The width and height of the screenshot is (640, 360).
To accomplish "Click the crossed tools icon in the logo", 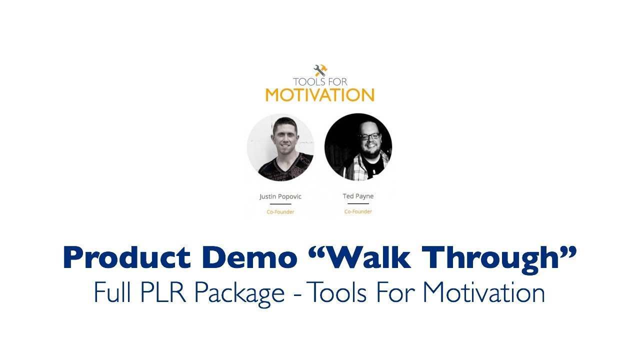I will point(320,70).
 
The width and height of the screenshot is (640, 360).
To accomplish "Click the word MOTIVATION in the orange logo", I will point(319,94).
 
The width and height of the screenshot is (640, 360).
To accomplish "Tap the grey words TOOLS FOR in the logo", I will point(320,82).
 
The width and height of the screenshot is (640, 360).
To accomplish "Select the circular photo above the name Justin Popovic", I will point(280,147).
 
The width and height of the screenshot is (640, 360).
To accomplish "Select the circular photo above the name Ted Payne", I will point(358,147).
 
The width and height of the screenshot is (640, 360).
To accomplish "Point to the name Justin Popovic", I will point(280,196).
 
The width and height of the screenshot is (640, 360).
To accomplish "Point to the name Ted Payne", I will point(358,196).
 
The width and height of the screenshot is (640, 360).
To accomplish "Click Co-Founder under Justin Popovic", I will point(280,212).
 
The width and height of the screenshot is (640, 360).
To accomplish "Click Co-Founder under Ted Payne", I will point(358,211).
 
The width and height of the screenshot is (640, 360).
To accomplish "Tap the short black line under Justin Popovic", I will point(280,204).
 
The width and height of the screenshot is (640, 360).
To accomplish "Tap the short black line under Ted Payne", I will point(358,204).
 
